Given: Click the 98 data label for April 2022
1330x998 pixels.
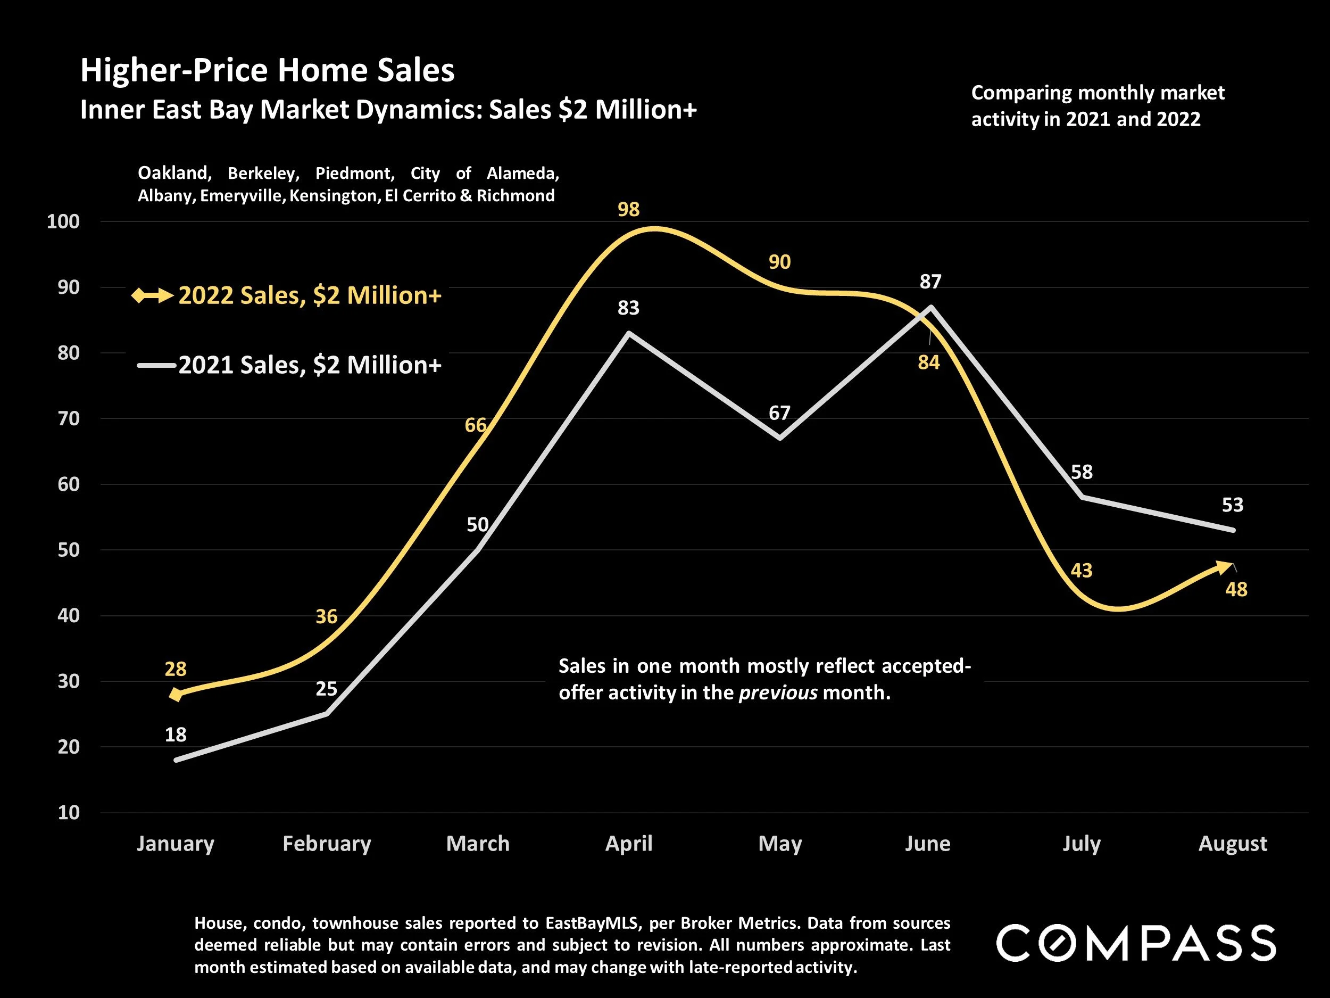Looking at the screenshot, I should (628, 209).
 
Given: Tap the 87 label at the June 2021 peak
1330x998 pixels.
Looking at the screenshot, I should (930, 282).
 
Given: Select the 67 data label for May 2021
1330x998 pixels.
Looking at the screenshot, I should (779, 413).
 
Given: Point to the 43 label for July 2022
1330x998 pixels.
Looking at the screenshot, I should (1081, 570).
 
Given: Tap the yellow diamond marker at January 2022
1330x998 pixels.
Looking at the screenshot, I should (176, 695).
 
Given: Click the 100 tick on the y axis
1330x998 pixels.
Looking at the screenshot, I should (63, 221).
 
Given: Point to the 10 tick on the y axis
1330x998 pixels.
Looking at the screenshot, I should (69, 813).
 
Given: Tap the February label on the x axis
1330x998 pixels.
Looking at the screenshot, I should (327, 844).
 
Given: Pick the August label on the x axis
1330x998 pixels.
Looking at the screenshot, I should (1233, 844).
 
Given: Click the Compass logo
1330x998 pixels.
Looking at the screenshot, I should (1136, 943).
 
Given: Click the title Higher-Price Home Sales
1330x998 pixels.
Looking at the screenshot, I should (268, 70).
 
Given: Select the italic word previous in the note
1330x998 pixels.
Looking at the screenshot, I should (777, 692).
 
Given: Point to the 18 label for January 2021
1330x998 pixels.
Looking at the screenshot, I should (176, 735).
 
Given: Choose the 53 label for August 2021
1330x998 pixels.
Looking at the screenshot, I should (1233, 505).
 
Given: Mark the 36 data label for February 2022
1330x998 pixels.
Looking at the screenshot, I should (327, 616).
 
